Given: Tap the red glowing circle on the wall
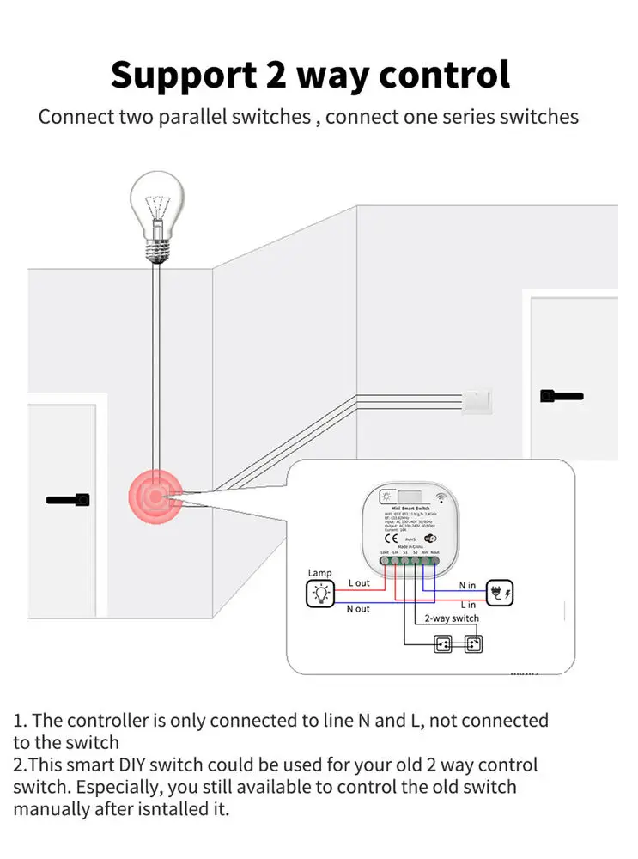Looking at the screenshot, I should click(x=155, y=496).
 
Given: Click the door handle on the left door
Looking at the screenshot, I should click(x=69, y=499).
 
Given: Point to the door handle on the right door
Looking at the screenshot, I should click(x=562, y=396).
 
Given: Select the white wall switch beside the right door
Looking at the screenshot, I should click(x=476, y=401).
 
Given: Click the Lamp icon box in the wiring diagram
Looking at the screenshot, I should click(x=320, y=592).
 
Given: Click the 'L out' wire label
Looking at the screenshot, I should click(x=359, y=582).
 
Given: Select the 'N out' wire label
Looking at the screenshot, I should click(x=358, y=608).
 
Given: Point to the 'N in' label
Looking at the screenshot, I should click(x=466, y=585).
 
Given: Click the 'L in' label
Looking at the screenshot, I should click(x=467, y=606).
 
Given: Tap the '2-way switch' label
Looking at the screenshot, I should click(x=452, y=618).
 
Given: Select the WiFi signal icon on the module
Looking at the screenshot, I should click(x=441, y=496).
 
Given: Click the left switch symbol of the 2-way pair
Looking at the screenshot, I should click(x=443, y=642).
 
